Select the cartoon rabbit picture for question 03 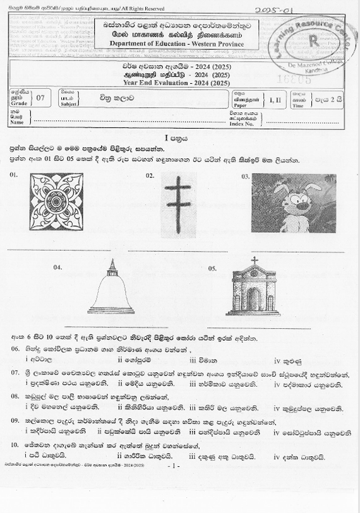[x=293, y=203]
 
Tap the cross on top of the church [x=255, y=260]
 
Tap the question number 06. [x=15, y=349]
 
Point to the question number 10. [x=15, y=445]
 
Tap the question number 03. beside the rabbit [x=246, y=177]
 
